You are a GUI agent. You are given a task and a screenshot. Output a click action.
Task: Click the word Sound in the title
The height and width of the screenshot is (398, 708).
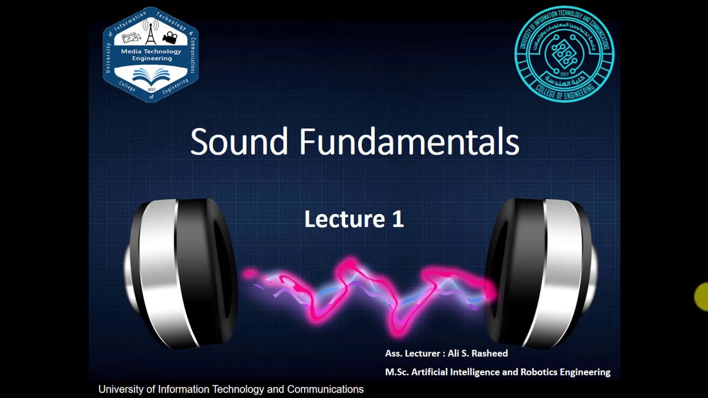(x=239, y=142)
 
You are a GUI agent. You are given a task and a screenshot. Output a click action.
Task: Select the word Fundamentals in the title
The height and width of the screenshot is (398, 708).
(x=409, y=142)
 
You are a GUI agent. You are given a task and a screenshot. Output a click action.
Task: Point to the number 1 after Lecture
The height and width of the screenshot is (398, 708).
(x=398, y=219)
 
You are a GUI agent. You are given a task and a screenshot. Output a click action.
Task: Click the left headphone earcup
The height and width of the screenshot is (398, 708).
(x=183, y=274)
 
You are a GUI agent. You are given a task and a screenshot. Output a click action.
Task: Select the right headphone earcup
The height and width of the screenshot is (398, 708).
(x=542, y=274)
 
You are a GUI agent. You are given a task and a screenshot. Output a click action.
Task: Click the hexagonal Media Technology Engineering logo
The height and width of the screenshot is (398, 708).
(x=150, y=55)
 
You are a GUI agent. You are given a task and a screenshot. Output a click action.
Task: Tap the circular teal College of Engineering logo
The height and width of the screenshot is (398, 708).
(x=564, y=54)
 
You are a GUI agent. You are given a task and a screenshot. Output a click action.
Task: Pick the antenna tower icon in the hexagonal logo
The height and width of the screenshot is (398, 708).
(x=150, y=34)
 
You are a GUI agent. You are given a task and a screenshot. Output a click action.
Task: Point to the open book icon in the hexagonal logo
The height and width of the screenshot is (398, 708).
(x=150, y=76)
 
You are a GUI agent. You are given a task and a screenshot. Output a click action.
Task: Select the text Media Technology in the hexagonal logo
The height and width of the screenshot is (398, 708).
(x=151, y=51)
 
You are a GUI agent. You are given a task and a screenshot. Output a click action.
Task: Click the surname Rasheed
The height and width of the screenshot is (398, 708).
(x=489, y=353)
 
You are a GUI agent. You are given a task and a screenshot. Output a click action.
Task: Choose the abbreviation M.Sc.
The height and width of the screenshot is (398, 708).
(x=397, y=372)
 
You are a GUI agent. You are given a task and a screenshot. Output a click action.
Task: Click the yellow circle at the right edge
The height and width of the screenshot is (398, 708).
(x=702, y=297)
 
